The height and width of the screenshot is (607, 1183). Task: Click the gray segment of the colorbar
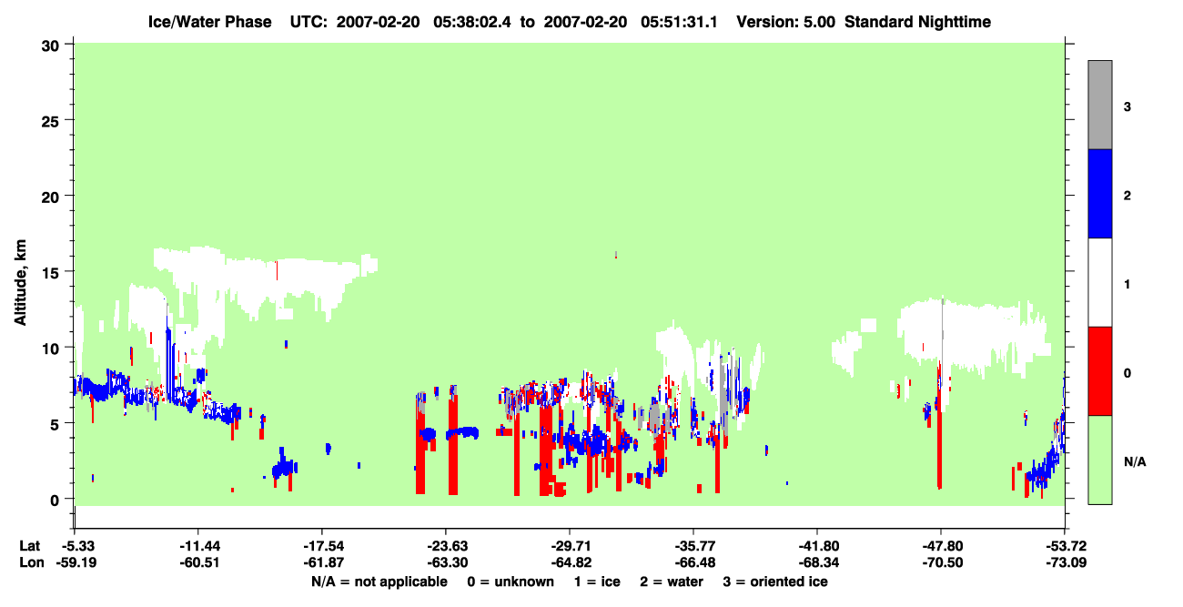pyautogui.click(x=1100, y=105)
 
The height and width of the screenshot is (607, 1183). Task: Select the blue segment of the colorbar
pyautogui.click(x=1100, y=193)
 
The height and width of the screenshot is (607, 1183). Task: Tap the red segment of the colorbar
pyautogui.click(x=1100, y=371)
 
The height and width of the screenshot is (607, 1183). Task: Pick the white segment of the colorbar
pyautogui.click(x=1100, y=283)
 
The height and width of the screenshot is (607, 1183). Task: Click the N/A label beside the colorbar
pyautogui.click(x=1135, y=462)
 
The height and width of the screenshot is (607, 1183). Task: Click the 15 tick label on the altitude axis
pyautogui.click(x=50, y=272)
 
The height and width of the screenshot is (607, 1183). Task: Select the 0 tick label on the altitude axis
pyautogui.click(x=55, y=500)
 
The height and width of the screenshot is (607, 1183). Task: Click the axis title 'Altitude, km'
pyautogui.click(x=20, y=282)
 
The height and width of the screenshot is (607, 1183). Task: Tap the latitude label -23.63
pyautogui.click(x=448, y=546)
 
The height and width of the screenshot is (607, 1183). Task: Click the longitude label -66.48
pyautogui.click(x=695, y=562)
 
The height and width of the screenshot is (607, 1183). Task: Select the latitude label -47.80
pyautogui.click(x=943, y=546)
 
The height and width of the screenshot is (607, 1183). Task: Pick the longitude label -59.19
pyautogui.click(x=76, y=562)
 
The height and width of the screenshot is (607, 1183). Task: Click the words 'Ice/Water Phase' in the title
pyautogui.click(x=209, y=22)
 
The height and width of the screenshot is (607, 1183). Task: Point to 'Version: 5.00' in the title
pyautogui.click(x=786, y=22)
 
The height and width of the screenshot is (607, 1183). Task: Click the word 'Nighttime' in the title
pyautogui.click(x=955, y=22)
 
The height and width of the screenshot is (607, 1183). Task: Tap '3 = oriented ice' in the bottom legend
pyautogui.click(x=775, y=582)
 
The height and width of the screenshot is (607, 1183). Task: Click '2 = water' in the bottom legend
pyautogui.click(x=672, y=582)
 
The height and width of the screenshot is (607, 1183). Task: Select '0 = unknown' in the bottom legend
pyautogui.click(x=511, y=582)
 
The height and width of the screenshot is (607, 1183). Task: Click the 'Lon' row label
pyautogui.click(x=32, y=562)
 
